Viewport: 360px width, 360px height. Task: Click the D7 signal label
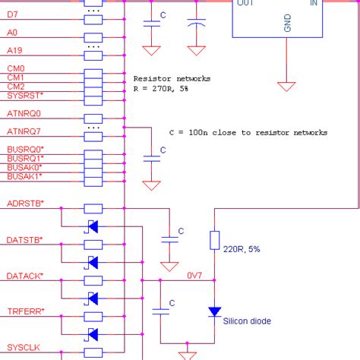coord(14,14)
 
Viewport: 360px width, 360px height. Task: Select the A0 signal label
coord(13,33)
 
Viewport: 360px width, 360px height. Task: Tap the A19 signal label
coord(15,50)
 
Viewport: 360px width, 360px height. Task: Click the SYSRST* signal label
coord(25,96)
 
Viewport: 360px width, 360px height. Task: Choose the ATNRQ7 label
coord(24,131)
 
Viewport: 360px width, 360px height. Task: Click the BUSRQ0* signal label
coord(25,149)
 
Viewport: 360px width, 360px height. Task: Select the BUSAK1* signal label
coord(25,176)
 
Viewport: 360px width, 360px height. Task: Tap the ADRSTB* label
coord(25,204)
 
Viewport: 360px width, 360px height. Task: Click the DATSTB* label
coord(25,240)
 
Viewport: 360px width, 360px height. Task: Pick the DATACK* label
coord(25,276)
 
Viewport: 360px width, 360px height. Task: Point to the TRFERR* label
coord(25,311)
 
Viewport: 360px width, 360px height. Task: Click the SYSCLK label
coord(23,347)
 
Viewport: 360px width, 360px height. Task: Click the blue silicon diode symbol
coord(214,311)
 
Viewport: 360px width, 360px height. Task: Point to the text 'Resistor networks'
coord(172,78)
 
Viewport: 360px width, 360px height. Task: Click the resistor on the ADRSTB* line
coord(93,208)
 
